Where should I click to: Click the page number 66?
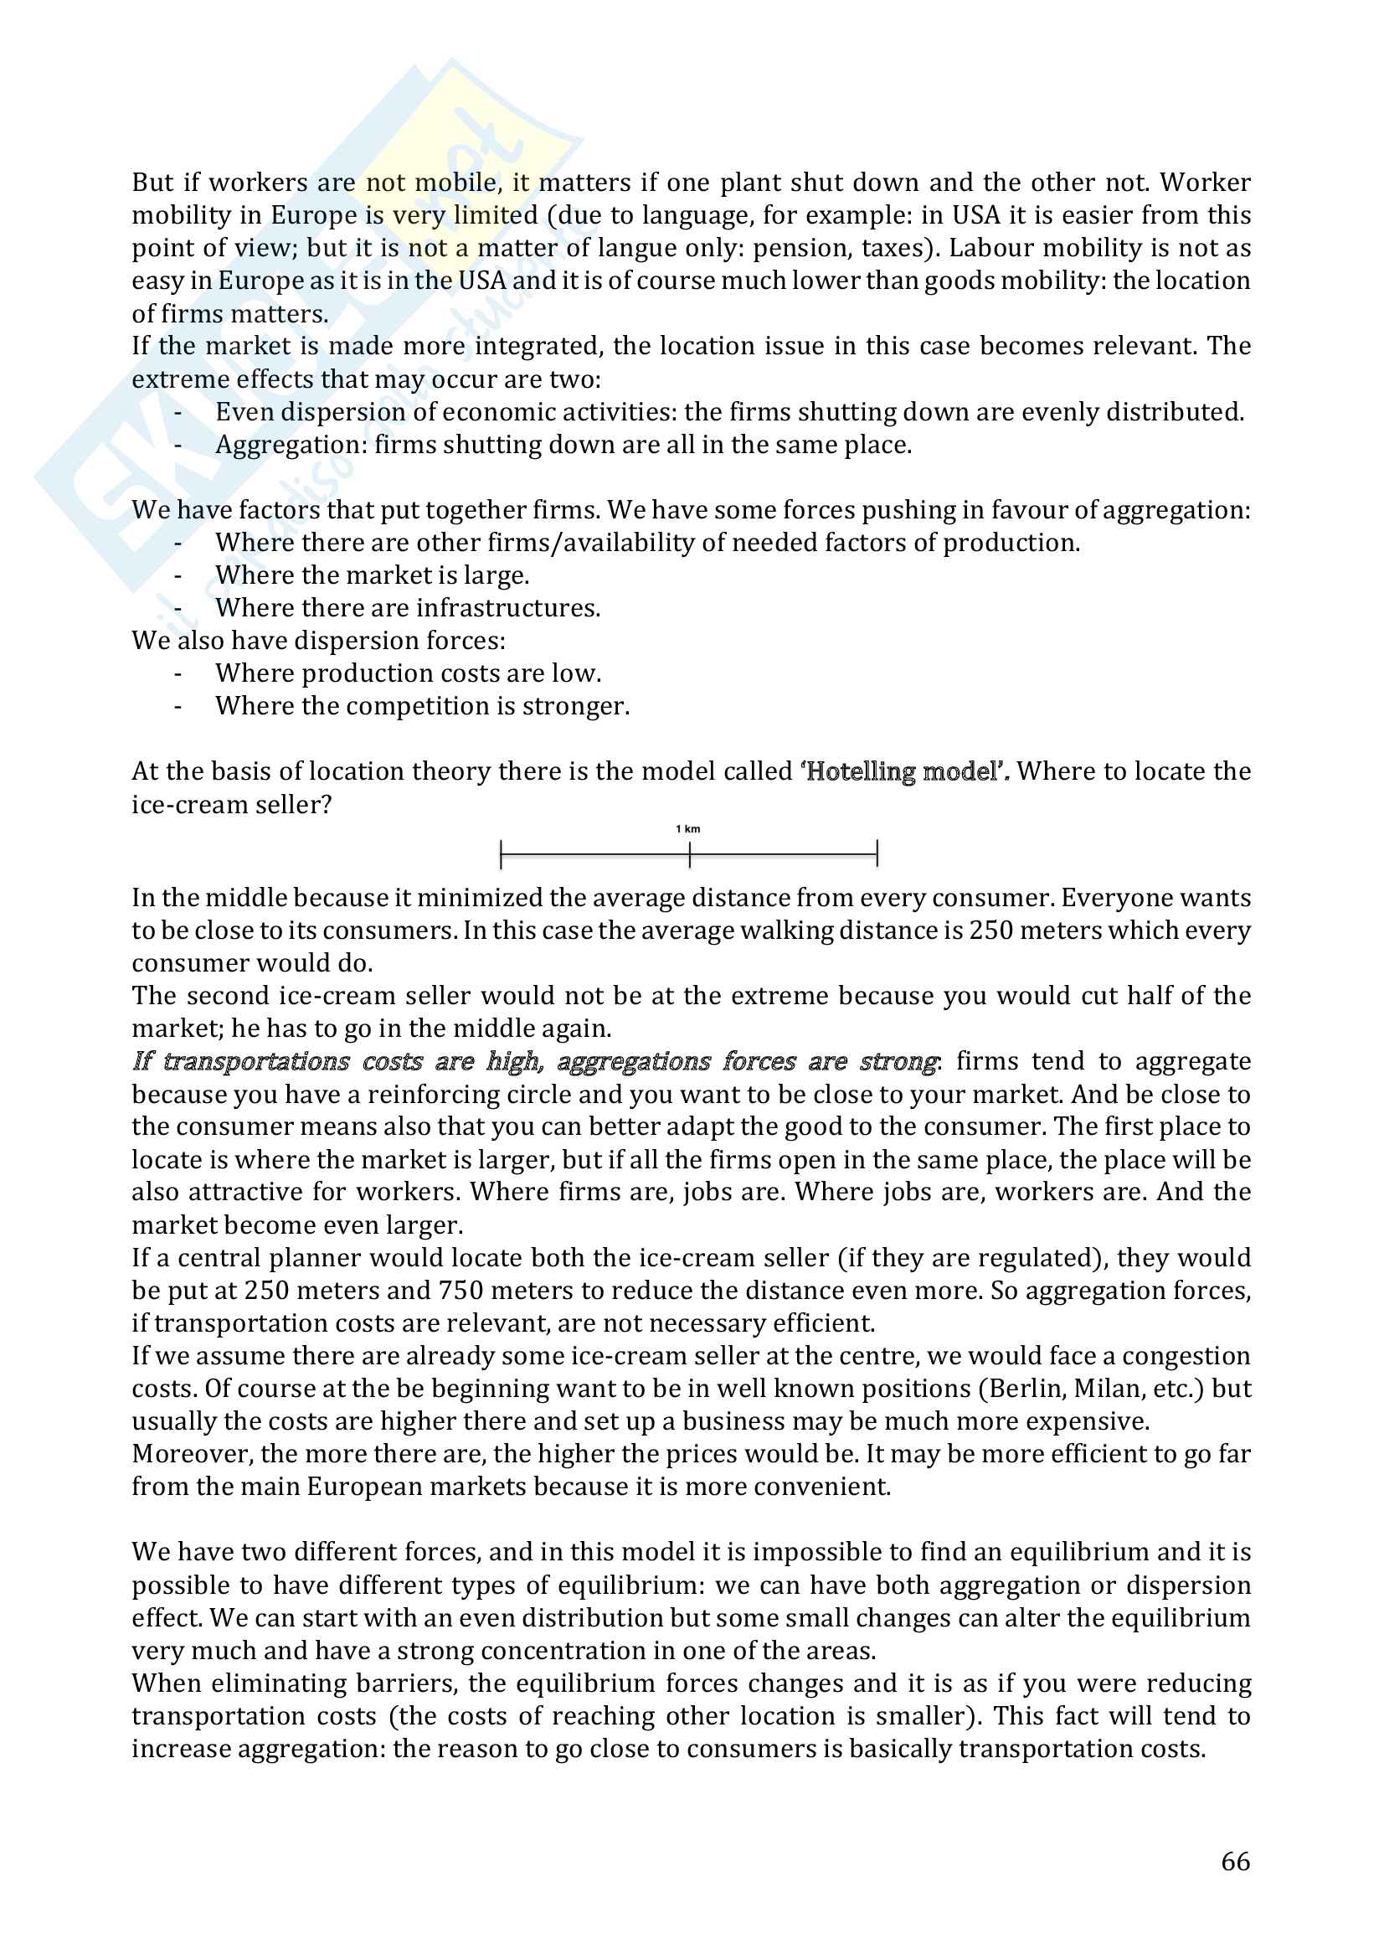tap(1235, 1860)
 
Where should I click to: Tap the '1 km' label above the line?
tap(687, 828)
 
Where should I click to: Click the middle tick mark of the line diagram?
tap(689, 853)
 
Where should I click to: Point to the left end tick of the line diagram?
tap(502, 853)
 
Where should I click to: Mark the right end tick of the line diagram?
tap(877, 853)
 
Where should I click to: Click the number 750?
tap(461, 1290)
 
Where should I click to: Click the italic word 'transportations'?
tap(256, 1061)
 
